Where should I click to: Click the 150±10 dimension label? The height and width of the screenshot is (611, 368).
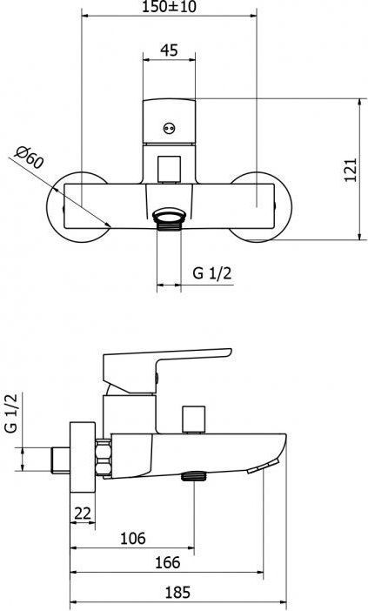tap(169, 7)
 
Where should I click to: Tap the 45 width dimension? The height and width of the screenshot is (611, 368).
tap(169, 50)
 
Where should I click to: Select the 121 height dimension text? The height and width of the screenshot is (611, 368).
tap(351, 170)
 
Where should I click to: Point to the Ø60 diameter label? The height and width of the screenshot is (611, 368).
tap(29, 157)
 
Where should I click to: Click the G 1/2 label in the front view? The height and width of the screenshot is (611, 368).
tap(212, 273)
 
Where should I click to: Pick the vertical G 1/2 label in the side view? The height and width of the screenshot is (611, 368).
tap(11, 413)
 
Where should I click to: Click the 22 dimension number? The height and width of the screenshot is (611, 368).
tap(83, 514)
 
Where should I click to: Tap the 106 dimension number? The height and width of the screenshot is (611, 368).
tap(133, 539)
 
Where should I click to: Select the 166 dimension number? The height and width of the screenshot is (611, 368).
tap(168, 562)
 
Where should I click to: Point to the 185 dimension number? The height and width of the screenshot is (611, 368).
tap(177, 593)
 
